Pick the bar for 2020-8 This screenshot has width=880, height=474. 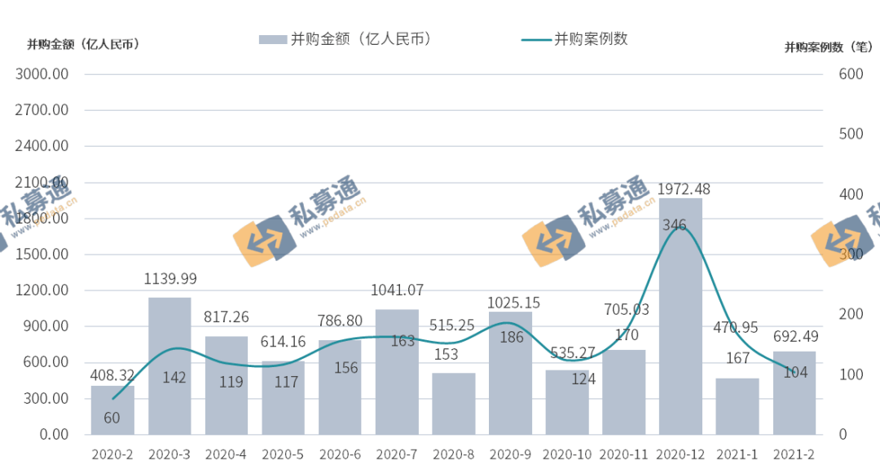pyautogui.click(x=453, y=403)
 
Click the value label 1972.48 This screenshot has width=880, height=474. pyautogui.click(x=684, y=188)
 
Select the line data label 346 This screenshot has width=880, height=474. pyautogui.click(x=675, y=224)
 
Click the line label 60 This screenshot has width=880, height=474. pyautogui.click(x=112, y=418)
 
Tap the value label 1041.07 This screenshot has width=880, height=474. pyautogui.click(x=397, y=290)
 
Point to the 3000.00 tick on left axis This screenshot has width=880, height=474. pyautogui.click(x=42, y=74)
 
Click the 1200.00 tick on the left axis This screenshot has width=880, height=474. pyautogui.click(x=42, y=290)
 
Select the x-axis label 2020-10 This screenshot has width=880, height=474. pyautogui.click(x=566, y=454)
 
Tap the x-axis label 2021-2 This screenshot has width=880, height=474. pyautogui.click(x=794, y=454)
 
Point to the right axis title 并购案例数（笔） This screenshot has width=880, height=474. pyautogui.click(x=829, y=47)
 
